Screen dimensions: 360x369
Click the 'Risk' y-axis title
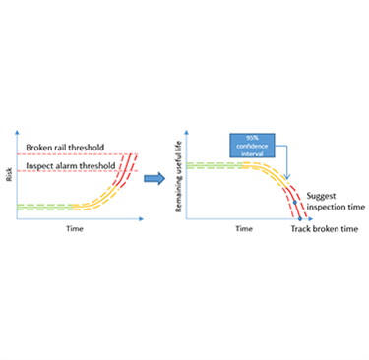point(11,175)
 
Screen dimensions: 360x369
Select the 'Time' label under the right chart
point(244,227)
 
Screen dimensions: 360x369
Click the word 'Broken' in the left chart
point(42,148)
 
